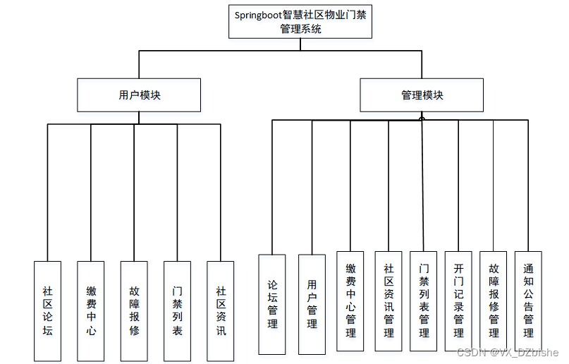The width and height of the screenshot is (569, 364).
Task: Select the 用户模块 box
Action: [139, 95]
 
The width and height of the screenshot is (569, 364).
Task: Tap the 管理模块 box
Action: [422, 95]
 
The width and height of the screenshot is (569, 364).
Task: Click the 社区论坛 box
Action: [47, 310]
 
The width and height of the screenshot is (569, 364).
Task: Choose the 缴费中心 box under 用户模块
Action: [91, 310]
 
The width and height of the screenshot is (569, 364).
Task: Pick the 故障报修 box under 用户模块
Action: [134, 310]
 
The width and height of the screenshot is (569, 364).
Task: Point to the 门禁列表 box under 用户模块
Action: [177, 310]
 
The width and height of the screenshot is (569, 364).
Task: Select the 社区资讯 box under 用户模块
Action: [221, 310]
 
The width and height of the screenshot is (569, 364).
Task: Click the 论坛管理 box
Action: [272, 304]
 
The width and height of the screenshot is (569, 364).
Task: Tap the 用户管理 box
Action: [312, 304]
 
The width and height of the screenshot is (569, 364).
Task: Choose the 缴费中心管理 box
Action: [350, 301]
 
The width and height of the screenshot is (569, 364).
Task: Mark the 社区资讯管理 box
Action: [388, 301]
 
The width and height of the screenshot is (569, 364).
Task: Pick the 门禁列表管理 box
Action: [424, 301]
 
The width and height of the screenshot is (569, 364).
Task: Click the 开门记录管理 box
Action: [458, 301]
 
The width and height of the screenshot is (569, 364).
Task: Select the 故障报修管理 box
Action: [494, 301]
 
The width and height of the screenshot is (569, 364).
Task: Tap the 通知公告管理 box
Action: [528, 301]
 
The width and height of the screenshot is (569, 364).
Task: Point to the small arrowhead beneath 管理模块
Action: [422, 117]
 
